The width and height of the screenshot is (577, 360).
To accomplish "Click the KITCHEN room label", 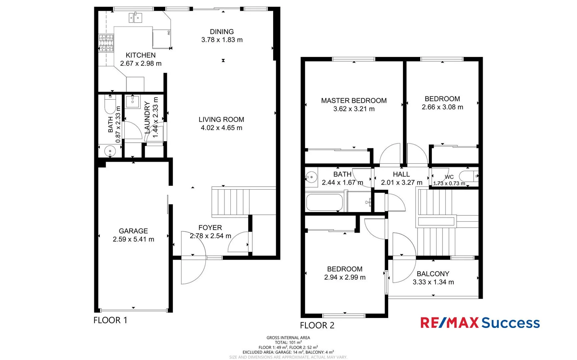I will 140,55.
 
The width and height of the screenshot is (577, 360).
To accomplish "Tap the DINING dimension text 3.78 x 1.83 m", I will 222,40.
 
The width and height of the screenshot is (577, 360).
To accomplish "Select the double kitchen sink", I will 135,18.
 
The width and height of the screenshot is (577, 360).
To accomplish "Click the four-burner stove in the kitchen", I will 106,43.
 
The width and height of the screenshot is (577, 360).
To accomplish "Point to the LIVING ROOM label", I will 221,119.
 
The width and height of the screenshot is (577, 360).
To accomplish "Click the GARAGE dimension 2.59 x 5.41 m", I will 133,239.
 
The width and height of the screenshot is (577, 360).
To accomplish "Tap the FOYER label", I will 210,228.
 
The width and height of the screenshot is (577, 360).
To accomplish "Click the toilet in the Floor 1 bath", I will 110,104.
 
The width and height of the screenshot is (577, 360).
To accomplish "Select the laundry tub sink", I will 132,102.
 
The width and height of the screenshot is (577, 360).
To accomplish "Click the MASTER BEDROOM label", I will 354,101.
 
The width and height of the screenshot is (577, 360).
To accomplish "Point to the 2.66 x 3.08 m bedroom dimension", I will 442,107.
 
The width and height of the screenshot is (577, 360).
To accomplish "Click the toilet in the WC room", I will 469,176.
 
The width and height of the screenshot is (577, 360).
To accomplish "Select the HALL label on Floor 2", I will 401,174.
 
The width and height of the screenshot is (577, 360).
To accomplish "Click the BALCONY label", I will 433,274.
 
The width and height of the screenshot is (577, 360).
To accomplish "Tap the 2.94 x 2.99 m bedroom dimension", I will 345,277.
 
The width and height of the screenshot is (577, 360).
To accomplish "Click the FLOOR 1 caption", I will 110,320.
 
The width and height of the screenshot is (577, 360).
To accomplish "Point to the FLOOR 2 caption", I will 317,325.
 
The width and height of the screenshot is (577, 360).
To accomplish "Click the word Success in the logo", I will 510,323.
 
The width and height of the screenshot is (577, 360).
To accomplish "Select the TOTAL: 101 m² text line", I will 288,342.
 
